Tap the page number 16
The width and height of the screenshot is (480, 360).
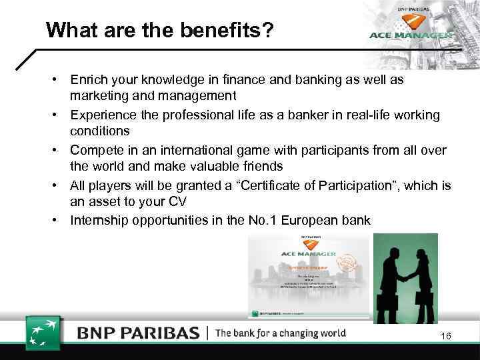click(x=445, y=336)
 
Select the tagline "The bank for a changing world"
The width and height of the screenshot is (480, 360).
click(x=281, y=333)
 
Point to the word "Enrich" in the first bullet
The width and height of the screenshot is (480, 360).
click(x=91, y=79)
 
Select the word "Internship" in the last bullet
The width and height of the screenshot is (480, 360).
click(x=99, y=220)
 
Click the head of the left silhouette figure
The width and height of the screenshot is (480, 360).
click(x=389, y=250)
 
